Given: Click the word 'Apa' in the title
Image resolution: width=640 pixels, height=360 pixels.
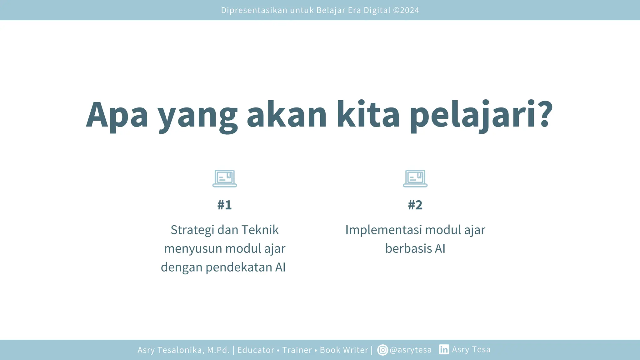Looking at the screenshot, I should tap(117, 115).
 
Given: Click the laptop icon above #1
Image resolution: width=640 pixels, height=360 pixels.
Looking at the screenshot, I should tap(224, 178).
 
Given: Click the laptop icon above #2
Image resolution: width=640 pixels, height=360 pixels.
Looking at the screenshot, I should tap(415, 178).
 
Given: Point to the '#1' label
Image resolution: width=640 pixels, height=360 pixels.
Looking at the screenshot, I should tap(224, 205).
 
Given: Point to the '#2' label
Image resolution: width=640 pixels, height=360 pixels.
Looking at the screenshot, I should tap(415, 205).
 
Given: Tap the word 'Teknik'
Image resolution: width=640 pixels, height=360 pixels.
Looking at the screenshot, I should tap(260, 230).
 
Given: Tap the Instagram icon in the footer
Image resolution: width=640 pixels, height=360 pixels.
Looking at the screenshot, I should tap(382, 350).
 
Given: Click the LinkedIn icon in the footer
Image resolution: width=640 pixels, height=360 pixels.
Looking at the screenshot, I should tap(444, 349).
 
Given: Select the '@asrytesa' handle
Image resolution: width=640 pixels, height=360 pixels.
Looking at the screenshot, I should tap(411, 350).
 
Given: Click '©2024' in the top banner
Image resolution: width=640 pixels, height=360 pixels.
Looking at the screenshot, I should tap(406, 10).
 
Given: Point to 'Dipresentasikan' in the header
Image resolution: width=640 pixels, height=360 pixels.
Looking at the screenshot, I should tap(254, 10).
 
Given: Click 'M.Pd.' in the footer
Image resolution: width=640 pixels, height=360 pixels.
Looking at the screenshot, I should tap(218, 350).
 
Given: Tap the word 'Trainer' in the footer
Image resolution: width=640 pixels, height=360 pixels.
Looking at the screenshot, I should tap(297, 350).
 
